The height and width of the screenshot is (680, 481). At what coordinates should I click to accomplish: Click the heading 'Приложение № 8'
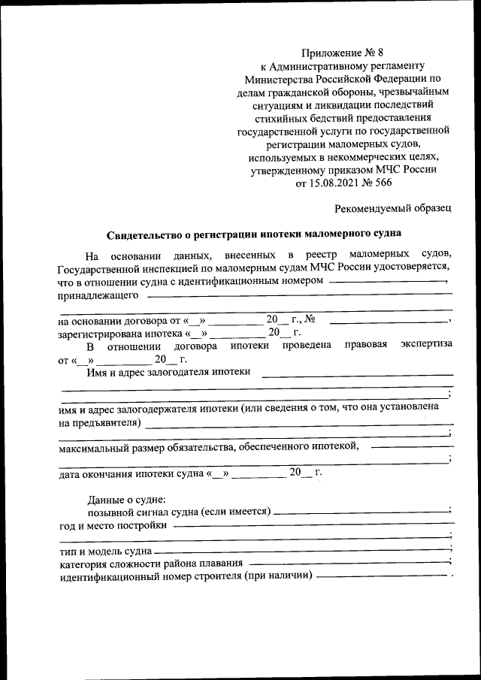[x=342, y=52]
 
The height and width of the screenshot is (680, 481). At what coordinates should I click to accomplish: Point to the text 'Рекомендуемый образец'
[x=392, y=206]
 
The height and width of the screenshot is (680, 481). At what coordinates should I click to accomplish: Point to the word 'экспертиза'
[x=426, y=346]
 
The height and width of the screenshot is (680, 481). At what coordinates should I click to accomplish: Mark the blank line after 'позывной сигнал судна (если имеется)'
[x=360, y=512]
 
